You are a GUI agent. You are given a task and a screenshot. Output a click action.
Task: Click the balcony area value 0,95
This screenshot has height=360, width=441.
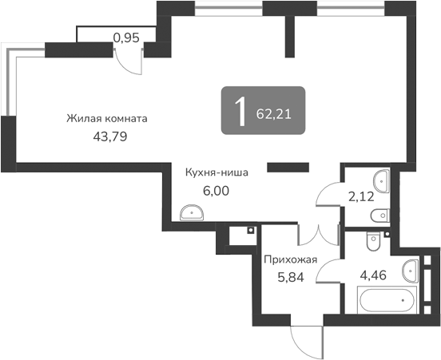[126, 36]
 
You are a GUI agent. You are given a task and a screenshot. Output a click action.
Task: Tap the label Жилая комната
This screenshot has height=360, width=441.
[107, 119]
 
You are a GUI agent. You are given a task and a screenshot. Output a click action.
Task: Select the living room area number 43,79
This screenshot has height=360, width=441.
[111, 136]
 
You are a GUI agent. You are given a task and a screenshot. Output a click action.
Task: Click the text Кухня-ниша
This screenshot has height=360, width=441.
[216, 172]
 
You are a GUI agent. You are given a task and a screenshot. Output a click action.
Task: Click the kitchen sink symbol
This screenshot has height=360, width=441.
[191, 212]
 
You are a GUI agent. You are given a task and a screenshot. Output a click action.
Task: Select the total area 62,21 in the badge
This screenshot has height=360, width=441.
[274, 113]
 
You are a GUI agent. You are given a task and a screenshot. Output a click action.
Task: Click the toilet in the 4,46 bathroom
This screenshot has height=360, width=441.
[371, 239]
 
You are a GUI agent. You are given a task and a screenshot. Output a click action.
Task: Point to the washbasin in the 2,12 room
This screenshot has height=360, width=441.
[382, 180]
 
